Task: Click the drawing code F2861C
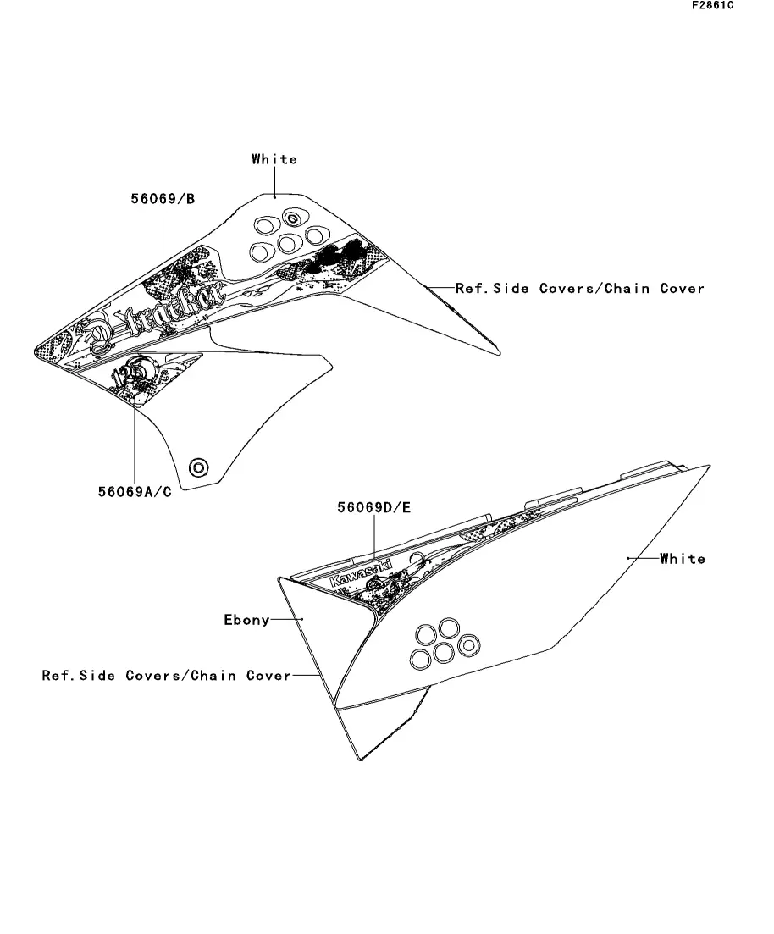pyautogui.click(x=712, y=5)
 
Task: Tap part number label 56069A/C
pyautogui.click(x=135, y=492)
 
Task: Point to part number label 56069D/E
pyautogui.click(x=373, y=508)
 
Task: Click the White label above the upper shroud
pyautogui.click(x=274, y=159)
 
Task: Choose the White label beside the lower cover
pyautogui.click(x=683, y=559)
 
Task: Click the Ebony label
pyautogui.click(x=246, y=620)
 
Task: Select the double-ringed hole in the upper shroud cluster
pyautogui.click(x=292, y=218)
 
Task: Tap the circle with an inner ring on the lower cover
pyautogui.click(x=467, y=646)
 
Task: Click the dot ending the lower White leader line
pyautogui.click(x=627, y=559)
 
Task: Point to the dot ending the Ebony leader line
pyautogui.click(x=301, y=619)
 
